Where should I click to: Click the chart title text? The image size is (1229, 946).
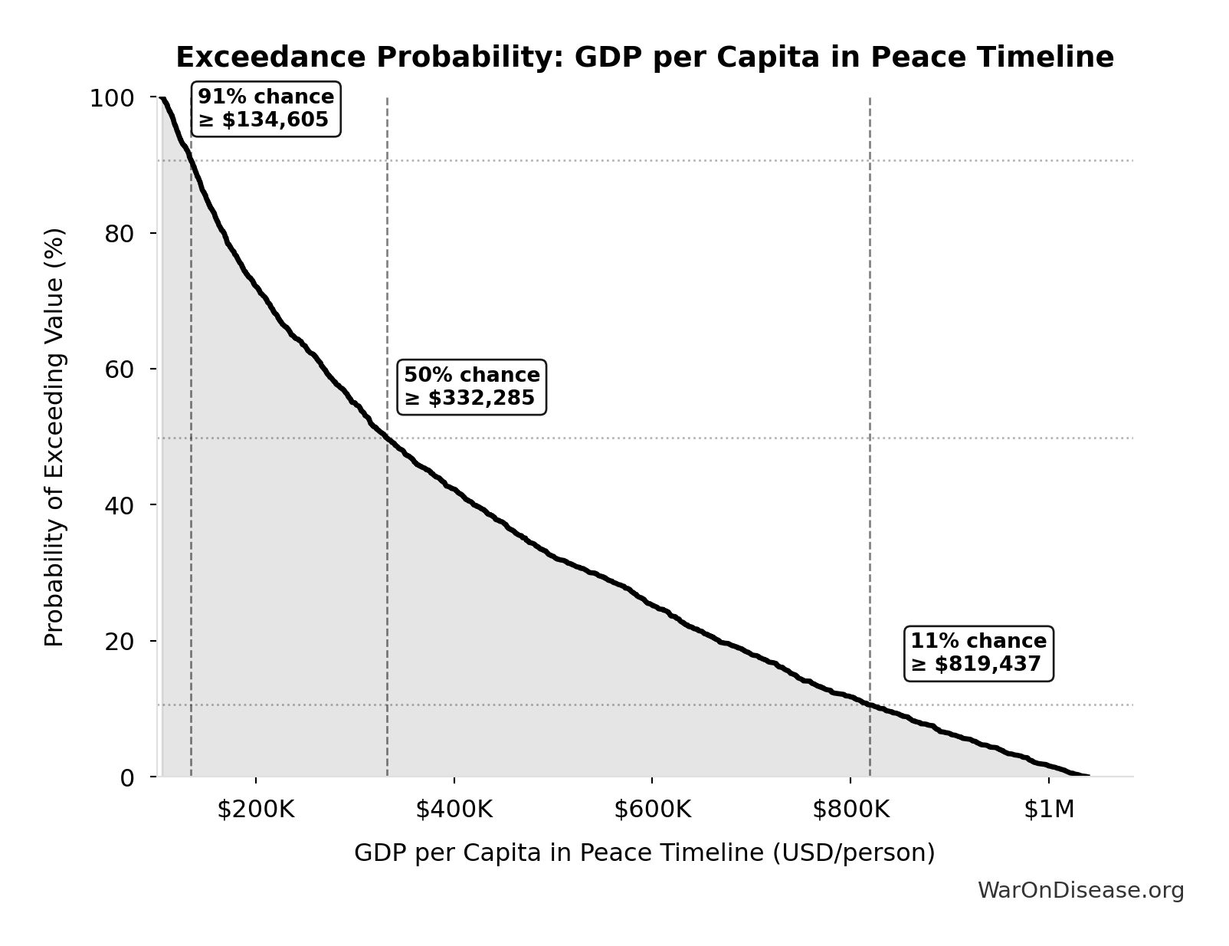coord(644,57)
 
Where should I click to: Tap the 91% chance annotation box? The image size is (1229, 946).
coord(265,109)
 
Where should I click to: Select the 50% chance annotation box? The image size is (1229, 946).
coord(471,386)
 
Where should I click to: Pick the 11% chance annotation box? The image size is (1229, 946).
coord(978,652)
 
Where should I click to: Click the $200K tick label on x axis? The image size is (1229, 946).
coord(256,810)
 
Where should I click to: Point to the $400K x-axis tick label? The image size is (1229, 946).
coord(454,810)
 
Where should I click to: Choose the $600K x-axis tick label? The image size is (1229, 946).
coord(652,810)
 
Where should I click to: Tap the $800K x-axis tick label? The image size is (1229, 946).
coord(850,810)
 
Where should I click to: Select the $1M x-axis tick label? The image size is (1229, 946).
coord(1048,810)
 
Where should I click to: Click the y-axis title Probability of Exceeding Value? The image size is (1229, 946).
coord(54,437)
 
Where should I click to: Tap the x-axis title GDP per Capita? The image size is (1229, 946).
coord(644,852)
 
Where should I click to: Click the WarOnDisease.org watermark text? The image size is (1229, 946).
coord(1080,890)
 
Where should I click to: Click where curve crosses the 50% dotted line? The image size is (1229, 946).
coord(387,439)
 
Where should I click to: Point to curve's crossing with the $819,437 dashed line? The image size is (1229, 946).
coord(870,704)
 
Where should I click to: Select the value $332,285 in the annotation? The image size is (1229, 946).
coord(480,399)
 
